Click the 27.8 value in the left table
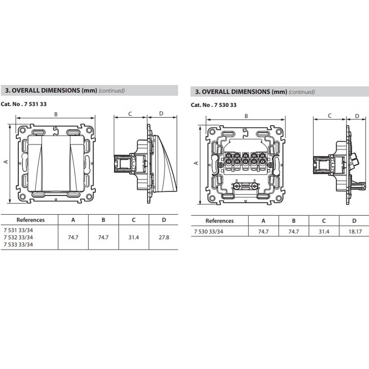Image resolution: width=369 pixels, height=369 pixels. (163, 237)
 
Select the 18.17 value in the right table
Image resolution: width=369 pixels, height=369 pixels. (354, 232)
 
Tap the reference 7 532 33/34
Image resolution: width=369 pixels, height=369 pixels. (18, 237)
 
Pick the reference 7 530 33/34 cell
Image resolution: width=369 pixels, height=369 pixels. (208, 232)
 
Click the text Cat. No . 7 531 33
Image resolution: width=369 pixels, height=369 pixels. (24, 104)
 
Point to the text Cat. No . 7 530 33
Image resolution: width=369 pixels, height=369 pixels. (214, 105)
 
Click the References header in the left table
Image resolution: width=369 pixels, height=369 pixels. (30, 220)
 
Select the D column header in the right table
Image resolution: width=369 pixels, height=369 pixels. (354, 221)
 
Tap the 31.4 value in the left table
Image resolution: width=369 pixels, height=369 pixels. (133, 237)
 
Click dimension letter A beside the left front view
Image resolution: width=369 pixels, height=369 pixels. (6, 162)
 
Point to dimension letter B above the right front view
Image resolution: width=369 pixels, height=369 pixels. (246, 116)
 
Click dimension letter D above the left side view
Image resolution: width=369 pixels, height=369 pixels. (161, 114)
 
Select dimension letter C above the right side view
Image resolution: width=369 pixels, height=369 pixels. (330, 116)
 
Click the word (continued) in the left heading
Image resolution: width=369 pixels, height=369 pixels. (112, 90)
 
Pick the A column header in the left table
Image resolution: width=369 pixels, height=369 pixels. (73, 220)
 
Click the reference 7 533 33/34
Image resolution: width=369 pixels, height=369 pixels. (18, 244)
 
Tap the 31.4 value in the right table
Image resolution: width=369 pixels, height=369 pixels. (324, 232)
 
